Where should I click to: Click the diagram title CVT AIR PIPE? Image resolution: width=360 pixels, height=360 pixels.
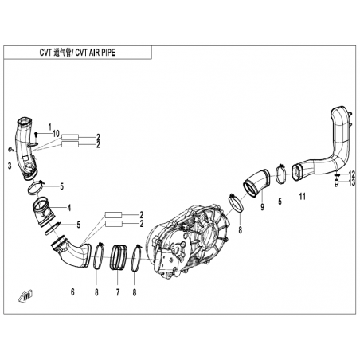click(96, 53)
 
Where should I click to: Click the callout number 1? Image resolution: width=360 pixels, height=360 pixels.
click(49, 127)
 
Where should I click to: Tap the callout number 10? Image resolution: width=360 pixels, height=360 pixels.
click(56, 134)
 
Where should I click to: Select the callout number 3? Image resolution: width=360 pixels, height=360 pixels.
click(10, 166)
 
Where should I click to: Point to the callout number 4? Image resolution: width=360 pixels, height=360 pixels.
click(69, 208)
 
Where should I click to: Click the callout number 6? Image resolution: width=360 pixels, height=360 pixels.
click(72, 292)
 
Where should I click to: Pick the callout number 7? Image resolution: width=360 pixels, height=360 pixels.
click(118, 292)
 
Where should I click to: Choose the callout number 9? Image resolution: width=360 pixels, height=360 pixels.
click(262, 207)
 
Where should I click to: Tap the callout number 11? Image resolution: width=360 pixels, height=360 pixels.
click(303, 197)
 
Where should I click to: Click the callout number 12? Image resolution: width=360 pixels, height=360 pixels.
click(351, 174)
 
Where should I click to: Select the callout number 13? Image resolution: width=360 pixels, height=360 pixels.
click(351, 182)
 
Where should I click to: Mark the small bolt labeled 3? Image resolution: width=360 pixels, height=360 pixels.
click(10, 150)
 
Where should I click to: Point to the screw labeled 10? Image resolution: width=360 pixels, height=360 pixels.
click(37, 135)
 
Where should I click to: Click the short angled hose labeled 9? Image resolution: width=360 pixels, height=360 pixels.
click(256, 183)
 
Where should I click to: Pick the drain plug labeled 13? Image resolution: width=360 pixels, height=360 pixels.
click(337, 183)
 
